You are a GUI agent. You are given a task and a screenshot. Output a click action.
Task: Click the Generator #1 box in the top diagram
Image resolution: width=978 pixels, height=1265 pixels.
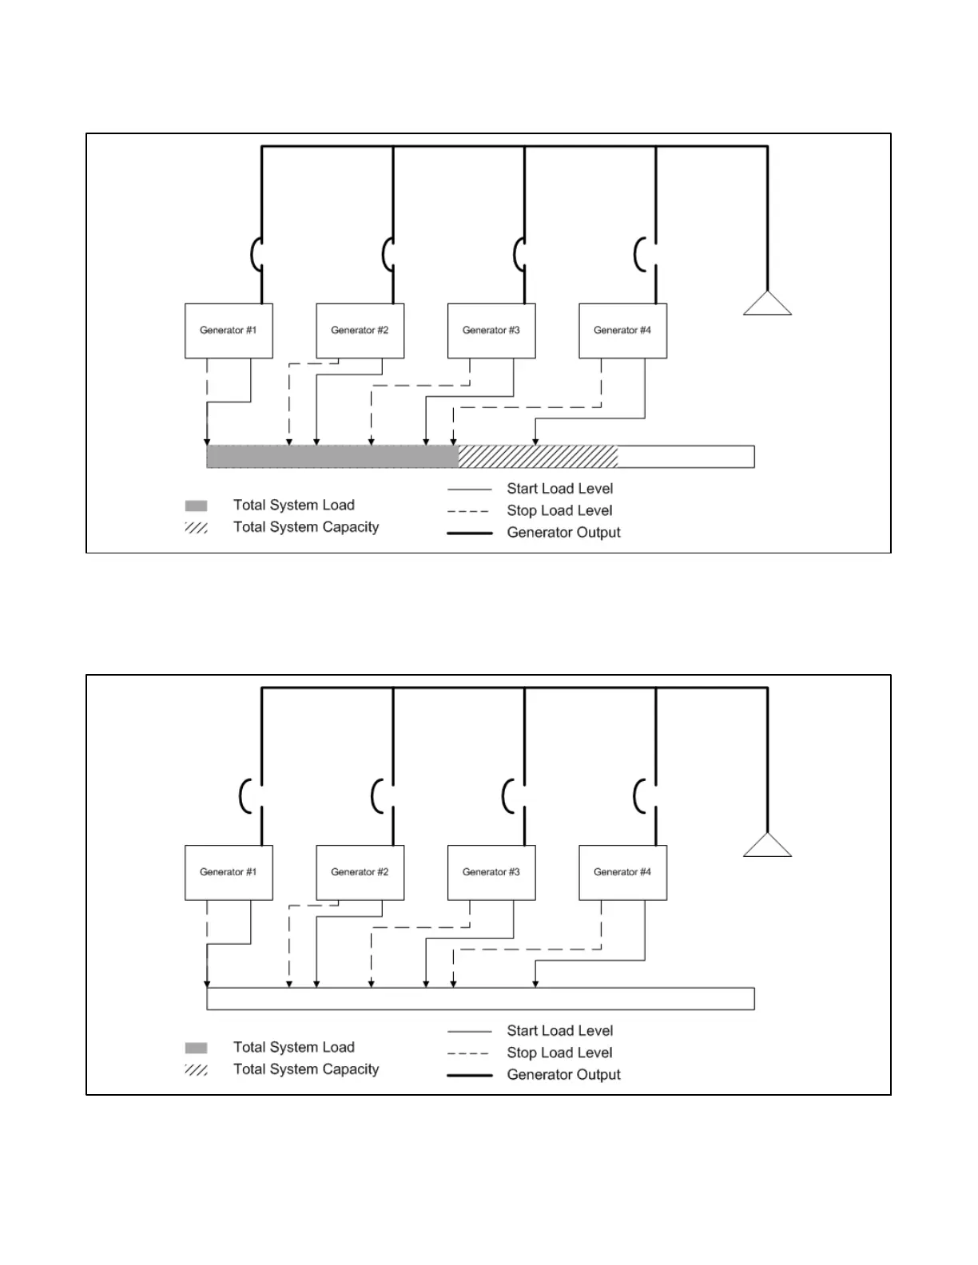click(229, 331)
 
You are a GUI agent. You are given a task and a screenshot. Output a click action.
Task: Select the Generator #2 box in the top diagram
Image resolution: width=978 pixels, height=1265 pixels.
click(360, 331)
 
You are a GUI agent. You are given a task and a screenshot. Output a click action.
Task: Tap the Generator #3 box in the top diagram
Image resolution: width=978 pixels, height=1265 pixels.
click(491, 331)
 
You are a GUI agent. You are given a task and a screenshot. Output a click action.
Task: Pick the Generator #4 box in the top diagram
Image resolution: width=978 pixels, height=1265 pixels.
click(622, 331)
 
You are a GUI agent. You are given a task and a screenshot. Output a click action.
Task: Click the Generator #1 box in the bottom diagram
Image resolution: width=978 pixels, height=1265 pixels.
click(229, 872)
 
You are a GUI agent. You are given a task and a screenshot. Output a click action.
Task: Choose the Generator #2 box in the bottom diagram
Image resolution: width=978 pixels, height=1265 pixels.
click(360, 872)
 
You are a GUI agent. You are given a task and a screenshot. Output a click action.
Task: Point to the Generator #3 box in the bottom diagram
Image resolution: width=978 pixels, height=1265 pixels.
click(491, 872)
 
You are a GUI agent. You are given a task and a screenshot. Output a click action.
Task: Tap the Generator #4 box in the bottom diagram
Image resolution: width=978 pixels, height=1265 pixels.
click(622, 872)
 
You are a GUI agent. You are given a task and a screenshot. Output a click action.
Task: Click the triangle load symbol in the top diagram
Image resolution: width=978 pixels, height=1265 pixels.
click(767, 305)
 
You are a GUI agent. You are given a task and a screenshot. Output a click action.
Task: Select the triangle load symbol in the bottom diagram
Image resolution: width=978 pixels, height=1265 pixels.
click(767, 847)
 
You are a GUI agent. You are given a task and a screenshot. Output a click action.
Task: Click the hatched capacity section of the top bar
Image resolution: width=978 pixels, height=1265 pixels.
click(538, 457)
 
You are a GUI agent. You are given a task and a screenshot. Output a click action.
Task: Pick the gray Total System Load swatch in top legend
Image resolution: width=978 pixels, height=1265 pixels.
click(196, 506)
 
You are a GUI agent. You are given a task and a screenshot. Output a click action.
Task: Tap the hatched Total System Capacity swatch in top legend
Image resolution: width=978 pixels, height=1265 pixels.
click(196, 528)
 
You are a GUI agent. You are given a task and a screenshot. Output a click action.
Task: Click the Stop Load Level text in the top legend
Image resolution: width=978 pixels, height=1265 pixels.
click(559, 511)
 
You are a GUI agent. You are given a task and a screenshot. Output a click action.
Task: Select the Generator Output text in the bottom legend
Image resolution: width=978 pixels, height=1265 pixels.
click(563, 1075)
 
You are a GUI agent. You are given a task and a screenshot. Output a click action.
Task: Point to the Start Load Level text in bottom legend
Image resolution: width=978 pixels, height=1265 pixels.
click(559, 1031)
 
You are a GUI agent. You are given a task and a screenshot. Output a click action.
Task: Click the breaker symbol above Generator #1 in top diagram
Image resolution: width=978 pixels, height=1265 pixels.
click(256, 255)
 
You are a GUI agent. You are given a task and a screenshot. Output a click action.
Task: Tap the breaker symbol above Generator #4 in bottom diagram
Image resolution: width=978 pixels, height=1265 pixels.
click(641, 796)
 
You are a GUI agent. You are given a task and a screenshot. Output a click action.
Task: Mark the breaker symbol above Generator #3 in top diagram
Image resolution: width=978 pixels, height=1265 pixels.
click(519, 255)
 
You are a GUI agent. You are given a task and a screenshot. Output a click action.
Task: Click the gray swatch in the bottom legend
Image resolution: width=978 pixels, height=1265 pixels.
click(196, 1048)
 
